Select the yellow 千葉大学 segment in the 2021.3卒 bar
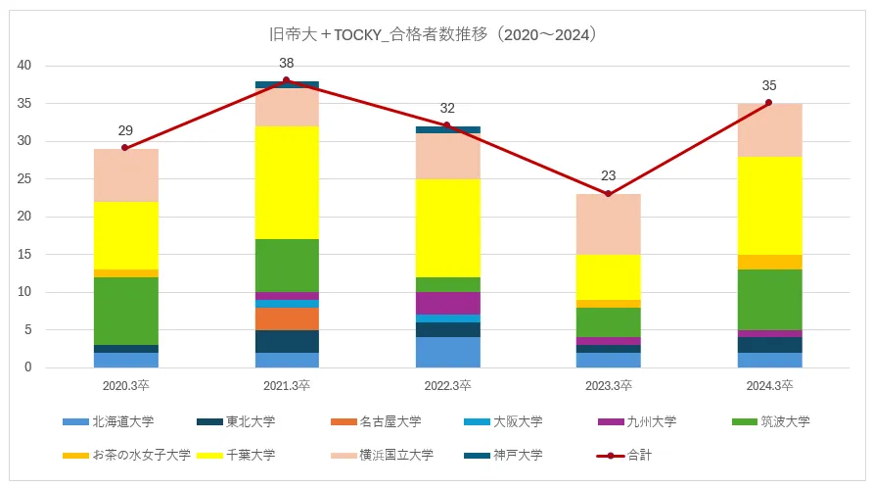(287, 182)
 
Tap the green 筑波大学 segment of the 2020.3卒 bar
(126, 311)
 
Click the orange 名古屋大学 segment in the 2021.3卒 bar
(287, 318)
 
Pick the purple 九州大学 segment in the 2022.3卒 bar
(447, 303)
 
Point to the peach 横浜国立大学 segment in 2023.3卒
(608, 223)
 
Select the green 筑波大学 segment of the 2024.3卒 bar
(768, 299)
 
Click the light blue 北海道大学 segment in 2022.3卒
(447, 352)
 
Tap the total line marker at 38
(287, 80)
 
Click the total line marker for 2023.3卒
(608, 194)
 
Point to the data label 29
(126, 130)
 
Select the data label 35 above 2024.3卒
(768, 85)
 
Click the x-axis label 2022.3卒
(447, 386)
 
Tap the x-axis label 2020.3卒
(126, 386)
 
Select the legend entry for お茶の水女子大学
(126, 455)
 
